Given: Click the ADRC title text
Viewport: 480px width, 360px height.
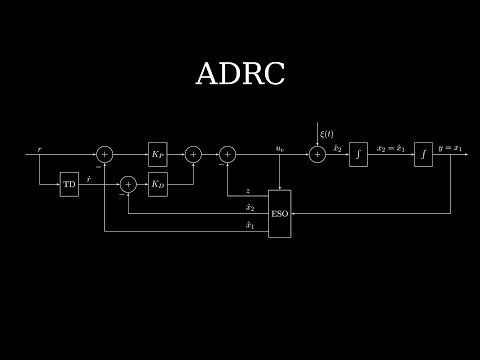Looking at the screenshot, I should pyautogui.click(x=240, y=74).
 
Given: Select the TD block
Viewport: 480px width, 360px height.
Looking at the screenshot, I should pyautogui.click(x=69, y=184).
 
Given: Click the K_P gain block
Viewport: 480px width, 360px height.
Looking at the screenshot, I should pyautogui.click(x=158, y=154).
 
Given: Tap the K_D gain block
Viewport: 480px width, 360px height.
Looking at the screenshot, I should pyautogui.click(x=158, y=184).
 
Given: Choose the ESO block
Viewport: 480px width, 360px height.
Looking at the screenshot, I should pyautogui.click(x=279, y=212).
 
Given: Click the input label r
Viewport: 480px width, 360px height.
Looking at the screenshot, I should pyautogui.click(x=39, y=148).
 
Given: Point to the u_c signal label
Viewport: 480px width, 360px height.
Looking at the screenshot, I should pyautogui.click(x=280, y=148).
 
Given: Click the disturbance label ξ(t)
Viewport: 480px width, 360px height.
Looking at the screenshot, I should pyautogui.click(x=326, y=134).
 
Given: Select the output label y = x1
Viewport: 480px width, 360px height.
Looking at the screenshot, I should pyautogui.click(x=451, y=148).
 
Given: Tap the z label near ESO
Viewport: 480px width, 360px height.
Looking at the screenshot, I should pyautogui.click(x=248, y=190).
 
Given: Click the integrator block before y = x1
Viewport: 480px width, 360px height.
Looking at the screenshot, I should pyautogui.click(x=423, y=154).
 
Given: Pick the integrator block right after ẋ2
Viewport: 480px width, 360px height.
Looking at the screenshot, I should pyautogui.click(x=358, y=154).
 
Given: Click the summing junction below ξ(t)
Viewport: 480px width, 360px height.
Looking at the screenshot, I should pyautogui.click(x=317, y=154).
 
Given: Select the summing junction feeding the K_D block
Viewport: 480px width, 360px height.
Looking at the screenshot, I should pyautogui.click(x=128, y=184).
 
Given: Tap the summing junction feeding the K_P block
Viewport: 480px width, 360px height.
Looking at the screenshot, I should pyautogui.click(x=105, y=154).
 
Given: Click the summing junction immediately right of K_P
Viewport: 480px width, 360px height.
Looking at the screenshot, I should pyautogui.click(x=193, y=154).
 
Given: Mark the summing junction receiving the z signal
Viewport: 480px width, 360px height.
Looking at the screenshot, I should pyautogui.click(x=227, y=154).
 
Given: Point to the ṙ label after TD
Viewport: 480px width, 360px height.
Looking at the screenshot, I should pyautogui.click(x=89, y=178).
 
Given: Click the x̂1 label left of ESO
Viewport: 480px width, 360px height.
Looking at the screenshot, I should pyautogui.click(x=249, y=225).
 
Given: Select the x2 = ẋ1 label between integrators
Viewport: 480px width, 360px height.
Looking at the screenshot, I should pyautogui.click(x=390, y=148).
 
